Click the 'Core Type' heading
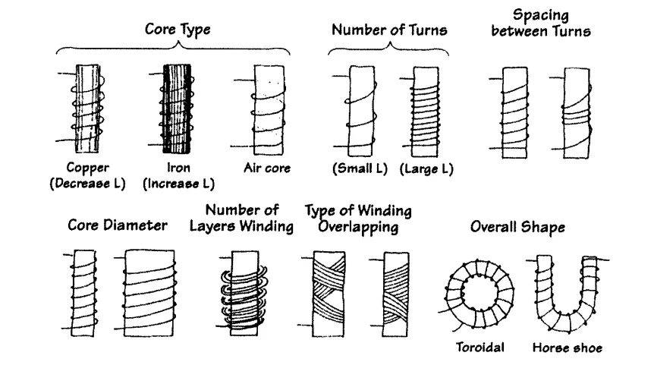pos(178,30)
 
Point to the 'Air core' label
pos(267,168)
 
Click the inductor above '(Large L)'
pos(425,109)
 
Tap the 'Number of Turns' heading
pos(389,31)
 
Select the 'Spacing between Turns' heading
pos(541,23)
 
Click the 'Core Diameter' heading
pos(118,225)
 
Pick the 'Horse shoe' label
pos(567,348)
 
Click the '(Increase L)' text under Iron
pos(179,183)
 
